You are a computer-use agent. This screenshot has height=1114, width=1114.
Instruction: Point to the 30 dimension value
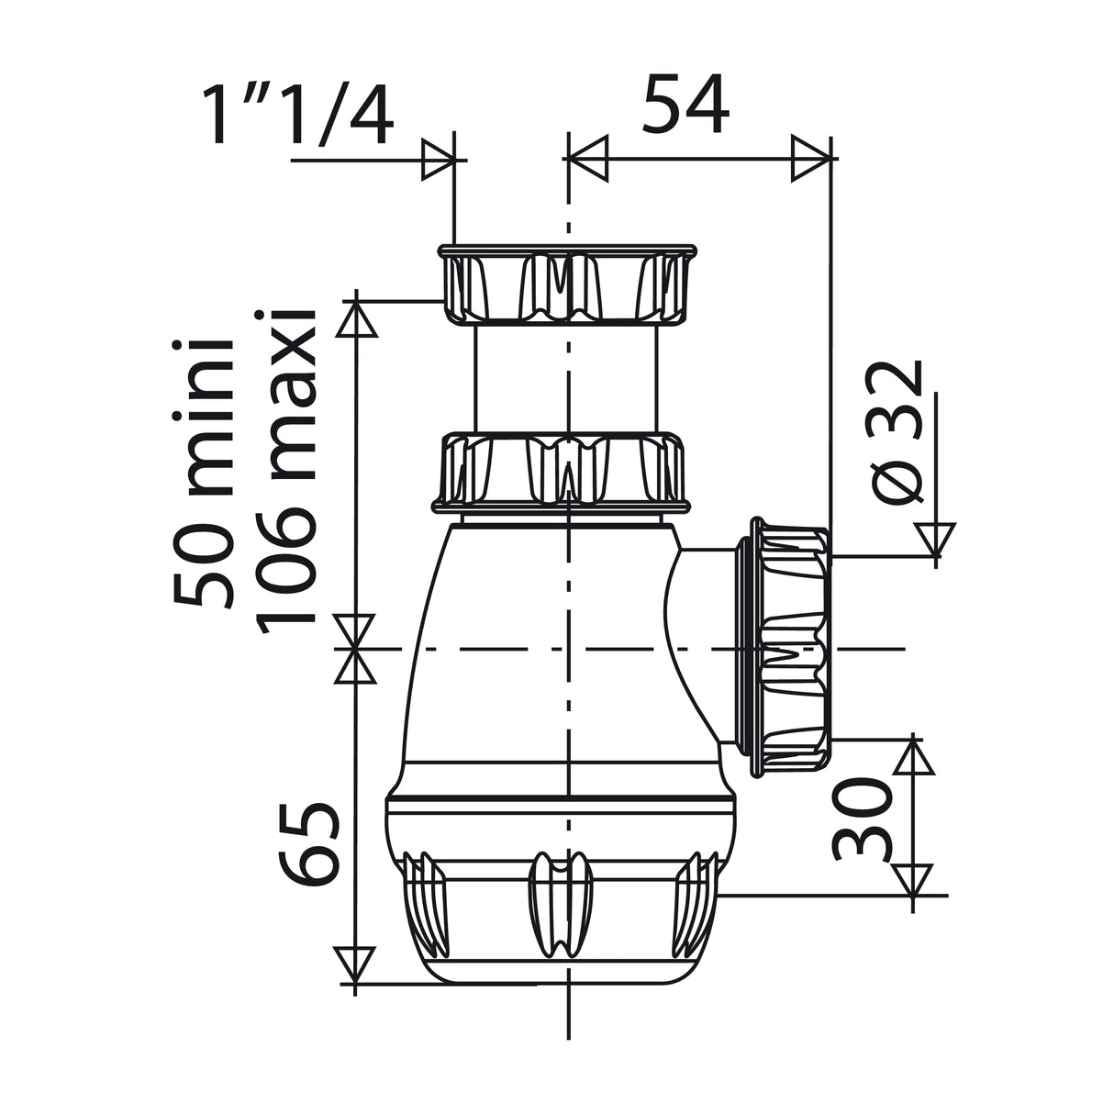[863, 819]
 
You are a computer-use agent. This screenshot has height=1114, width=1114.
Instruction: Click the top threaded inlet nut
[566, 284]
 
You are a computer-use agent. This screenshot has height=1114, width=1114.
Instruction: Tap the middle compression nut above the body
[562, 472]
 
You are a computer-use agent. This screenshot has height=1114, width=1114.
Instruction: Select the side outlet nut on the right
[791, 647]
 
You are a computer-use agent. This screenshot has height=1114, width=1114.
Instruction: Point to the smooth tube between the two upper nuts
[566, 376]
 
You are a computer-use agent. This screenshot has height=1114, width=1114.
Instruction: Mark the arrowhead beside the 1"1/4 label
[439, 162]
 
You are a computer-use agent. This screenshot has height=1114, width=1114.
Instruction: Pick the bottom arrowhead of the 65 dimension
[354, 965]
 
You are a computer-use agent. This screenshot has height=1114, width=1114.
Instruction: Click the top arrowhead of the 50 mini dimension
[354, 319]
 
